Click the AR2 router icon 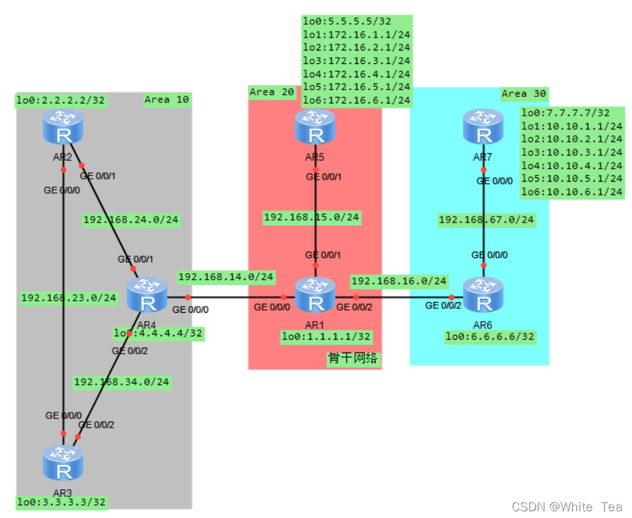tap(63, 128)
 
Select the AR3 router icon tap(63, 461)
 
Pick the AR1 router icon tap(315, 296)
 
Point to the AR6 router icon tap(483, 296)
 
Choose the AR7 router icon tap(483, 127)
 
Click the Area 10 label tap(167, 100)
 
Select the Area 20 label tap(272, 92)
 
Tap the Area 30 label tap(524, 94)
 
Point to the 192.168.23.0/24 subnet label tap(69, 297)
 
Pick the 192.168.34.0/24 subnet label tap(122, 382)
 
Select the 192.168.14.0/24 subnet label tap(225, 276)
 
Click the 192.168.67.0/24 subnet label tap(486, 219)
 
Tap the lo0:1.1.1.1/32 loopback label tap(326, 336)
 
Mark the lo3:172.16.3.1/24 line tap(356, 61)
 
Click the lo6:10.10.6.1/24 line tap(572, 192)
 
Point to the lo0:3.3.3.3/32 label tap(61, 502)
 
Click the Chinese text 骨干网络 tap(353, 359)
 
